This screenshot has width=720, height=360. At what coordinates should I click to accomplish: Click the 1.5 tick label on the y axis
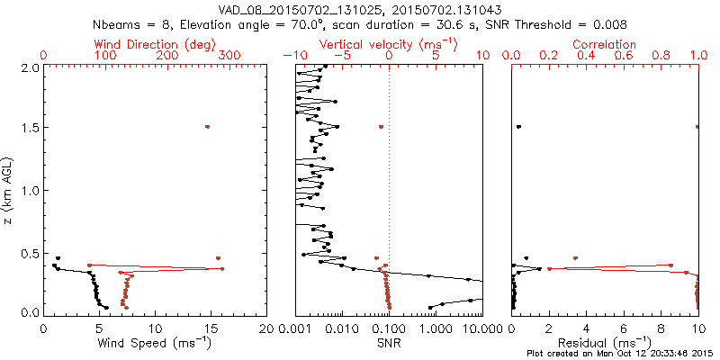[30, 129]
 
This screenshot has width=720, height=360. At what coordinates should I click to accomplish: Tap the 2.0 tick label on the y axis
[30, 67]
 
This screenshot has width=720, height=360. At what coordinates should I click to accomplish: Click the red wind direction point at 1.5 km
[207, 127]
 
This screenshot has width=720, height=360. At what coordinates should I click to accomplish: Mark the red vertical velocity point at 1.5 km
[381, 127]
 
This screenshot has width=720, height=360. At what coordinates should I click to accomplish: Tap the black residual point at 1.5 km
[518, 127]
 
